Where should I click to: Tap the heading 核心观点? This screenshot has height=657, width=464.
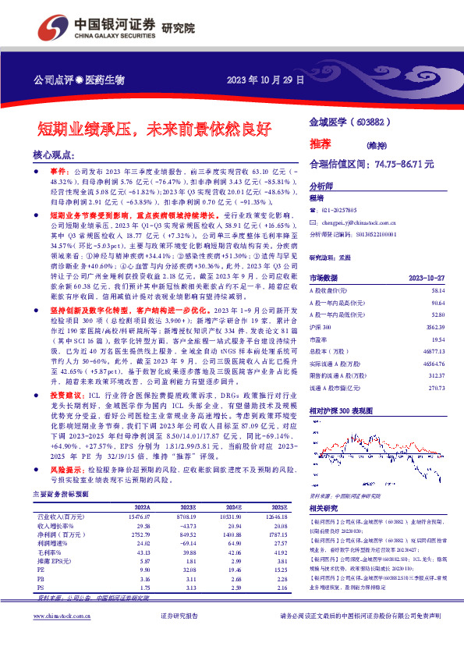click(56, 155)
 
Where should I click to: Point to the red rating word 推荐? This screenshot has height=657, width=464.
click(320, 144)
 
